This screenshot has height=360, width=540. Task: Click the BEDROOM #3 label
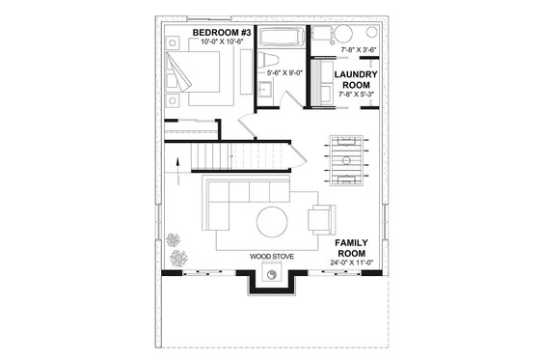[x=222, y=33]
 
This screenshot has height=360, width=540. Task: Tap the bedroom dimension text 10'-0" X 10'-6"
[x=222, y=43]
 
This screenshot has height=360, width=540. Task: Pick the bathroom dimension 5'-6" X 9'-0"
[x=284, y=72]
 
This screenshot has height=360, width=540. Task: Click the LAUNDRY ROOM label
[x=354, y=79]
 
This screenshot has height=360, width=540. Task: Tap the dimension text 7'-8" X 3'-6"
[x=359, y=48]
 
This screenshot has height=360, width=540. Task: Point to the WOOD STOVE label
[x=272, y=257]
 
